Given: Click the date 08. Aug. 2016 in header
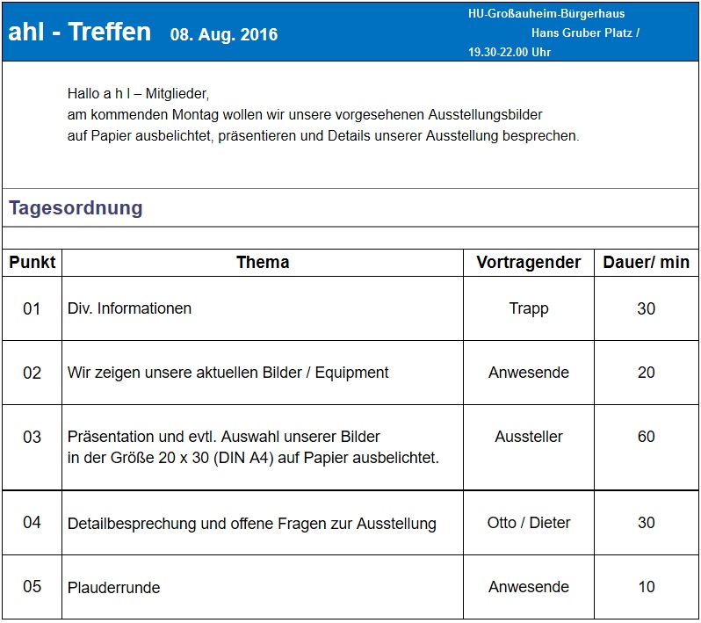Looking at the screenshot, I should [224, 34].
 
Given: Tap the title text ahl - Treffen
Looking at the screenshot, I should [80, 32].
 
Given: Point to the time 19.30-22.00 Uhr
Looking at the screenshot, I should [509, 52].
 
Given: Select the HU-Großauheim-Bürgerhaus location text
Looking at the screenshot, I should [546, 14].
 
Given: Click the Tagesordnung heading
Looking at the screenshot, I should [76, 208].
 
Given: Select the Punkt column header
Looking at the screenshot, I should [33, 262].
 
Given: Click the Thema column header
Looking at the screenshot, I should [263, 262].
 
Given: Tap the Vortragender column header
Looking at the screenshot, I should [529, 262].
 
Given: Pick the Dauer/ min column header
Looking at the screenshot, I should [647, 262].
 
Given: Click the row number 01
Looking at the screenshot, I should [33, 308].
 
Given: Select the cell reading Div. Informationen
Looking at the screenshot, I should [129, 308].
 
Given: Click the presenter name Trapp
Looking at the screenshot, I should [529, 308].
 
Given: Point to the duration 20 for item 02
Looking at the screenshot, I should [647, 373].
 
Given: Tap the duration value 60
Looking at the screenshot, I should [647, 437].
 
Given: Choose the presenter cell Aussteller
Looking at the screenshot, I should [529, 437].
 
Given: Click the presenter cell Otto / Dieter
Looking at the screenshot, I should [529, 523].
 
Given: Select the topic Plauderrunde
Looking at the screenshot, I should [113, 588].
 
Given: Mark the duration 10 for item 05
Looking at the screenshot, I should [647, 587].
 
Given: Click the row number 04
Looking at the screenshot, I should [33, 523].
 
